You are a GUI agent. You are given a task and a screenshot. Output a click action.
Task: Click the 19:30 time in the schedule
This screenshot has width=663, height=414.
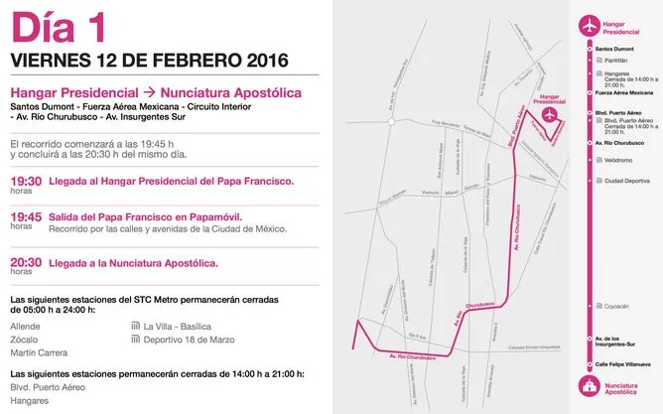pyautogui.click(x=26, y=182)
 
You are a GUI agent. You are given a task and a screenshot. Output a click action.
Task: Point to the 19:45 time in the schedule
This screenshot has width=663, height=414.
pyautogui.click(x=26, y=216)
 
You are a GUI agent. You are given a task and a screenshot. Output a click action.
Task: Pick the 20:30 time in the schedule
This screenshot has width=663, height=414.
pyautogui.click(x=26, y=262)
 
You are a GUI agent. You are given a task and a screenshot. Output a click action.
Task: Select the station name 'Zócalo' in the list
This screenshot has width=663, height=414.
pyautogui.click(x=26, y=339)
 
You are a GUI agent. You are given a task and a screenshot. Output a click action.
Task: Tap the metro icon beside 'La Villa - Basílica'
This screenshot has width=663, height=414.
pyautogui.click(x=136, y=326)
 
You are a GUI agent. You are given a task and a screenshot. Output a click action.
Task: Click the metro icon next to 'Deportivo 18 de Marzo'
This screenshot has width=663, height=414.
pyautogui.click(x=136, y=340)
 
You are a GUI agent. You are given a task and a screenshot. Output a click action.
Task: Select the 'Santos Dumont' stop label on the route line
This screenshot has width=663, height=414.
pyautogui.click(x=615, y=48)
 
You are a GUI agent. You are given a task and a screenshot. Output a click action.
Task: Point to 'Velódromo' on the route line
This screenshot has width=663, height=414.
pyautogui.click(x=618, y=159)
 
